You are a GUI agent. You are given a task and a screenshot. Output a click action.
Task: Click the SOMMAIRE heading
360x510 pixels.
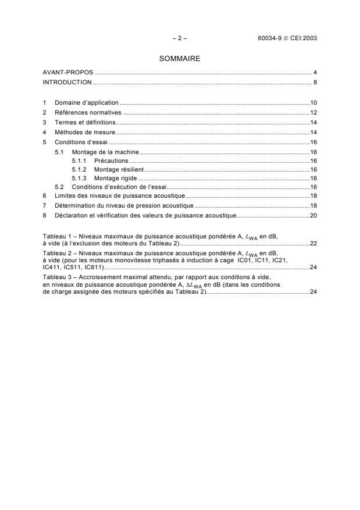(179, 59)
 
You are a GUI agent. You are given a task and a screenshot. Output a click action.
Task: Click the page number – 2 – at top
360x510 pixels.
(179, 38)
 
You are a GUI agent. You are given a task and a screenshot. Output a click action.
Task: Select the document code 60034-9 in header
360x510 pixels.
(268, 38)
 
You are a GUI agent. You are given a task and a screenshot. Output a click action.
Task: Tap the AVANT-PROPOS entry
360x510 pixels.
(68, 73)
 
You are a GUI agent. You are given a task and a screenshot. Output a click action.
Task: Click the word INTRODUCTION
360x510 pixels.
(68, 82)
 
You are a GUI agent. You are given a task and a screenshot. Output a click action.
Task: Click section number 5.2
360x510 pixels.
(59, 187)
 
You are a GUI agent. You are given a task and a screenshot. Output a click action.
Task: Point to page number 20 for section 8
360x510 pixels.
(313, 215)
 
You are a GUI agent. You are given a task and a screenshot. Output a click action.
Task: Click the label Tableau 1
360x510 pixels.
(56, 236)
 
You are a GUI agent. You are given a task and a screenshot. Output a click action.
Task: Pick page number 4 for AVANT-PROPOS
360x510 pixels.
(315, 73)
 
